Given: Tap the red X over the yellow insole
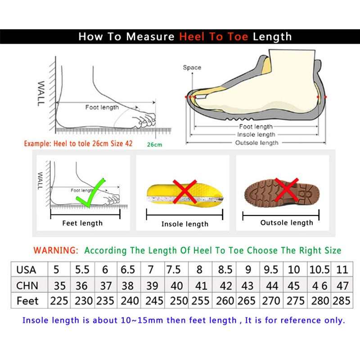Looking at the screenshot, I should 184,191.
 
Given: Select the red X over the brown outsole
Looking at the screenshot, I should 286,189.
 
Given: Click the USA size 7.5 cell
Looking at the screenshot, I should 174,270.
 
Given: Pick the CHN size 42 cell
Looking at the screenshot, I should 225,286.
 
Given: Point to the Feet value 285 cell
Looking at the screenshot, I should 342,301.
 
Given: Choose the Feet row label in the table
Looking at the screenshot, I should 27,301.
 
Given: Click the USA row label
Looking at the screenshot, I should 26,270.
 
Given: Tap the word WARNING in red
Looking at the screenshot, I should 56,250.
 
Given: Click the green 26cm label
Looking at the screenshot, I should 154,144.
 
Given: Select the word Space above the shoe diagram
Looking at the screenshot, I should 192,67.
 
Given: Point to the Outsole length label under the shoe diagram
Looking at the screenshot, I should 257,143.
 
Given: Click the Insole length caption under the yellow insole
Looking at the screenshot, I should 185,224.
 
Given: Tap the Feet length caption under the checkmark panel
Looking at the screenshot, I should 82,223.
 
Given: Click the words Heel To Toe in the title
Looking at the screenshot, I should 214,36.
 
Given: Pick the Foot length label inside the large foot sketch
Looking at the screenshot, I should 102,107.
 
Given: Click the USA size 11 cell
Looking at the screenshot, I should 342,270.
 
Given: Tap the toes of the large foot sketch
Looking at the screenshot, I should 144,121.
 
